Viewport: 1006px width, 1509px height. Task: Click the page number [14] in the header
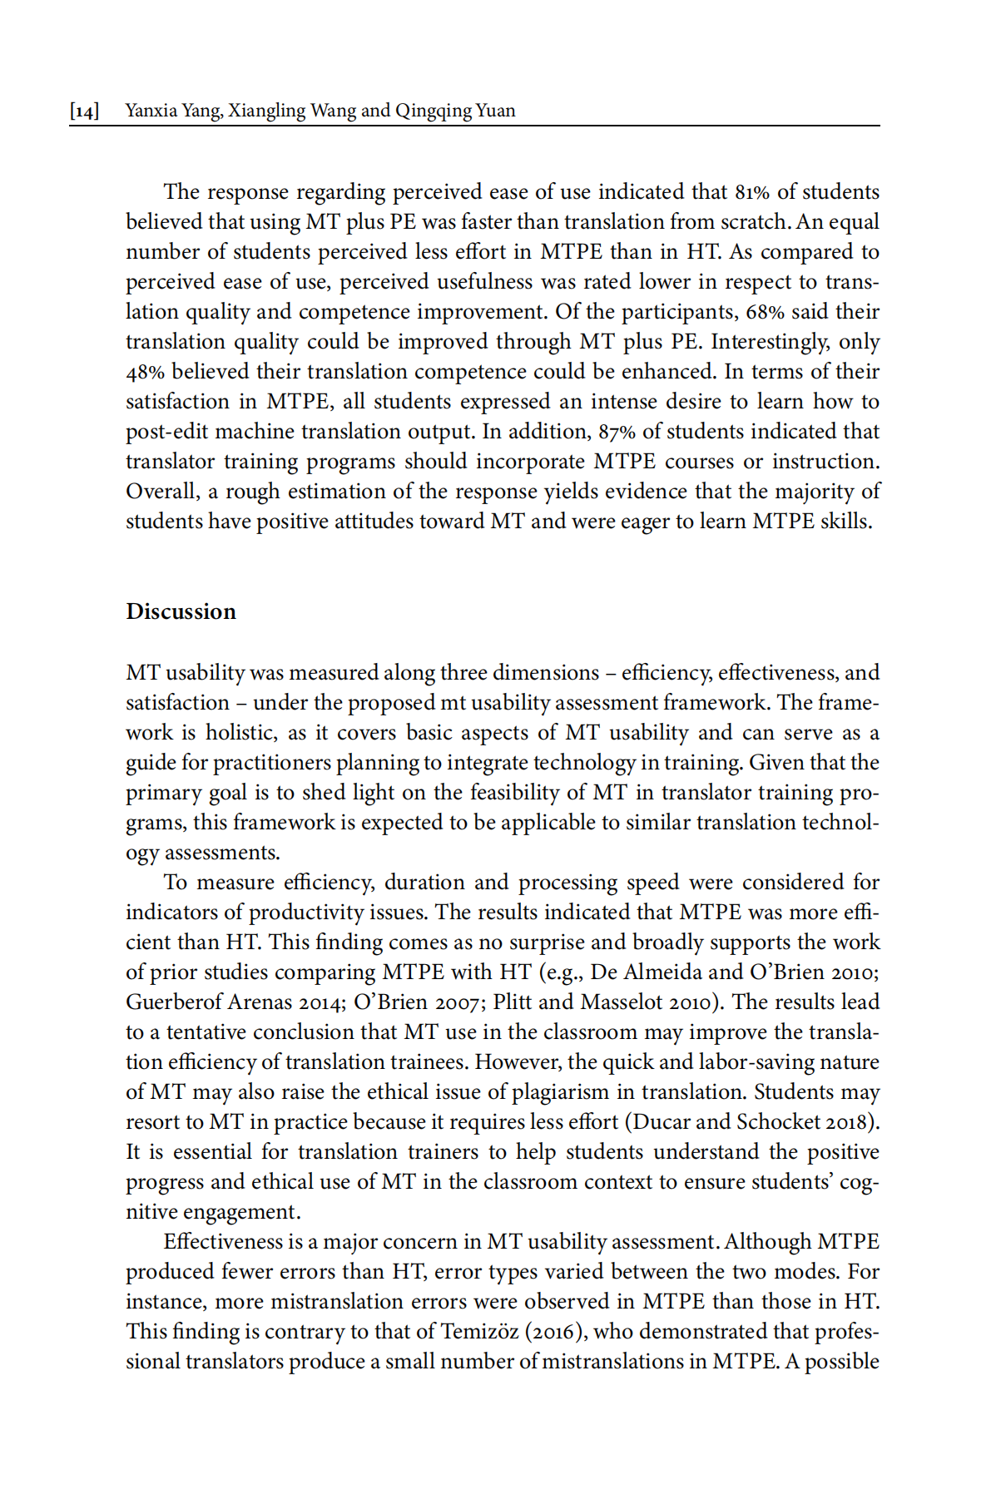[x=85, y=111]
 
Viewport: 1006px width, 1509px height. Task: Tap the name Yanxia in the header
[x=149, y=111]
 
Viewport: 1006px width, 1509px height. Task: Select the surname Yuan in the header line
[x=495, y=111]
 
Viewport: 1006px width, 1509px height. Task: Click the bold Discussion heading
[x=181, y=611]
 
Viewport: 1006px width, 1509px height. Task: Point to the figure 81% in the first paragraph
[x=751, y=192]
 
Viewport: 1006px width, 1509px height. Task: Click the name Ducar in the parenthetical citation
[x=662, y=1122]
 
